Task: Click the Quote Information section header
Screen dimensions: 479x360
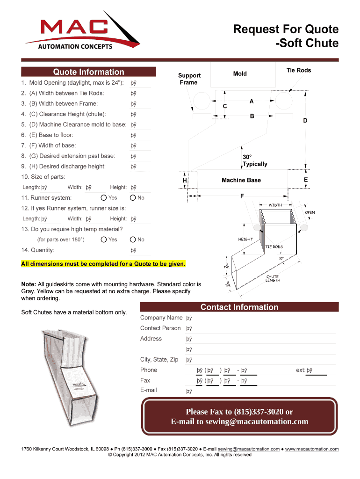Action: (x=88, y=72)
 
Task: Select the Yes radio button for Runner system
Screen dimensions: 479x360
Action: (x=104, y=198)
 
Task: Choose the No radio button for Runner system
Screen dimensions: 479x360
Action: (x=133, y=198)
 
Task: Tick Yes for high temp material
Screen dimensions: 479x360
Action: (x=104, y=239)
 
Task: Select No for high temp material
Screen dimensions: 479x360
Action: (x=133, y=239)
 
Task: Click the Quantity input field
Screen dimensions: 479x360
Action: (x=140, y=251)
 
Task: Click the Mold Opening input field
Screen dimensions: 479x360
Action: (x=140, y=83)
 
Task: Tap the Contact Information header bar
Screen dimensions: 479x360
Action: (x=239, y=307)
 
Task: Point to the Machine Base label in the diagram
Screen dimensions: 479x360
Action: (x=241, y=180)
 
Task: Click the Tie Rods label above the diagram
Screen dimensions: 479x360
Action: (x=299, y=71)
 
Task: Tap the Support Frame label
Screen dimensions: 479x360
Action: (x=189, y=79)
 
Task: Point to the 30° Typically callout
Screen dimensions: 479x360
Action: (x=255, y=160)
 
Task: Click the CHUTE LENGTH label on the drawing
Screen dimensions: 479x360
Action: (x=273, y=278)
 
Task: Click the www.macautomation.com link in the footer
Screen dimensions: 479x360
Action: (x=312, y=449)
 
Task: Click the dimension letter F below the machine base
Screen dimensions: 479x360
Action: (x=242, y=196)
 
